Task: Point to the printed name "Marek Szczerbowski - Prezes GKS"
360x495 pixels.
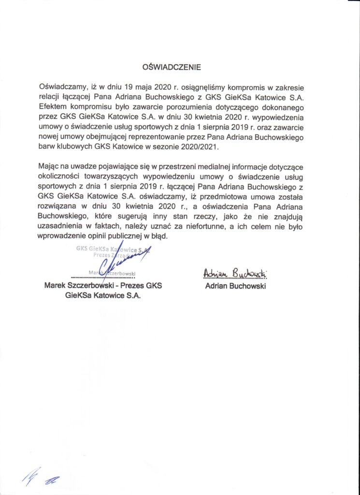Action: (x=103, y=286)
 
